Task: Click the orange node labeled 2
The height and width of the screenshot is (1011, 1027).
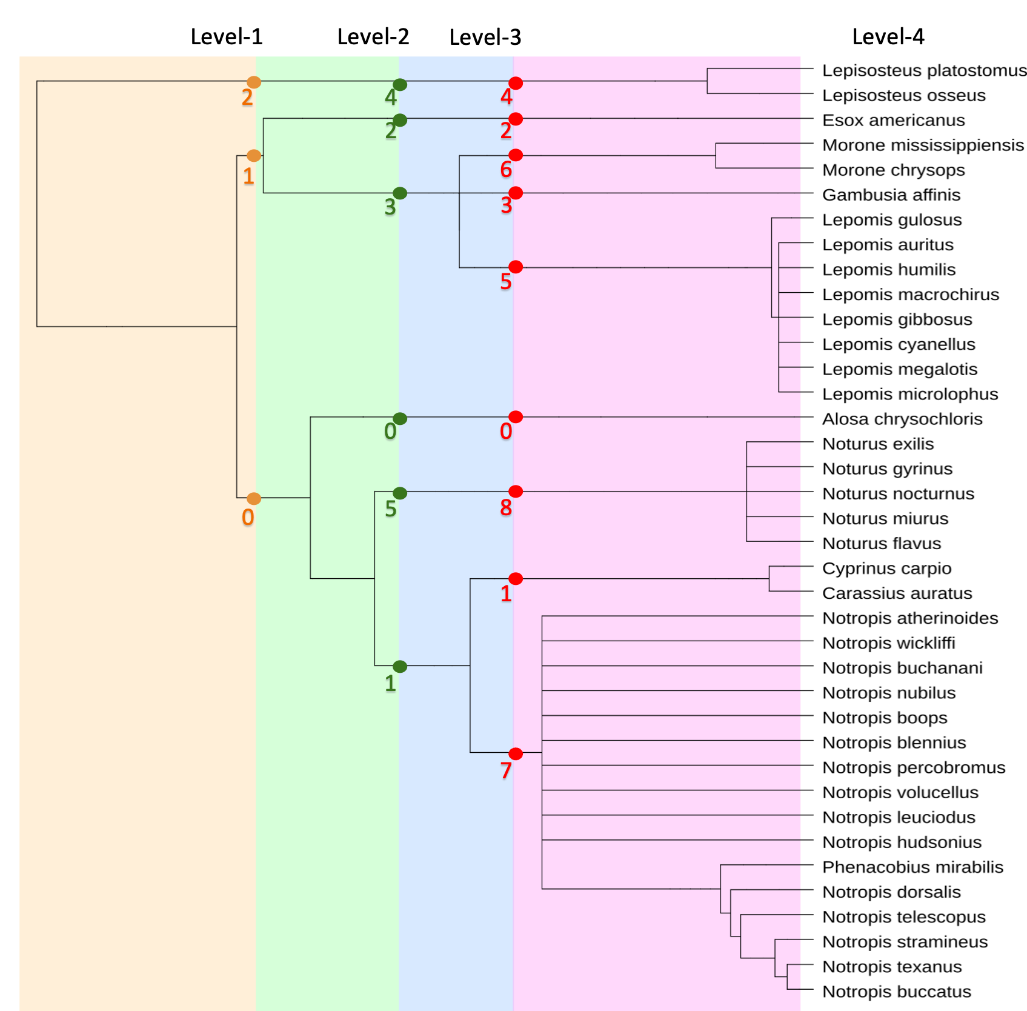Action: click(x=254, y=82)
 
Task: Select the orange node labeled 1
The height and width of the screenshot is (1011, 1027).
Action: click(x=254, y=156)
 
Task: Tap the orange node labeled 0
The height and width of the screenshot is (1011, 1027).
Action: click(x=254, y=498)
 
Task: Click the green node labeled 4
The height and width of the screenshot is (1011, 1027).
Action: click(x=400, y=85)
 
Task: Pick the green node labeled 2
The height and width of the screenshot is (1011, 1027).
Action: click(x=400, y=120)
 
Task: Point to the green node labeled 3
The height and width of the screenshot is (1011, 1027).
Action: click(x=400, y=193)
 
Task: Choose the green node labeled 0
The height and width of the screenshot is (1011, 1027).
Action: click(x=400, y=419)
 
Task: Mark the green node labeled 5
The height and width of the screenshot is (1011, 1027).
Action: click(x=400, y=493)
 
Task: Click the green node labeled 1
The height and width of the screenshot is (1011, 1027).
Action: click(x=400, y=667)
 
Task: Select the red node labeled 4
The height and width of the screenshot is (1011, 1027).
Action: click(x=516, y=83)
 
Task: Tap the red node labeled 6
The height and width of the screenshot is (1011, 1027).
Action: click(x=516, y=155)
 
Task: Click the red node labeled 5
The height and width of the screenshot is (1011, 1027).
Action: click(x=516, y=267)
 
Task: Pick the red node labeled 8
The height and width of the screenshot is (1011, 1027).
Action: click(x=516, y=491)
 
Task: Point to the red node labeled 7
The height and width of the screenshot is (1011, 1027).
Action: click(x=516, y=753)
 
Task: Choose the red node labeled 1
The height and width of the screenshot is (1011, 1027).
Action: click(x=516, y=579)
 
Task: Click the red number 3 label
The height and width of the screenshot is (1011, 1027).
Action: click(x=507, y=206)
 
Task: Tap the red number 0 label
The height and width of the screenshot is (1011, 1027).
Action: click(x=506, y=432)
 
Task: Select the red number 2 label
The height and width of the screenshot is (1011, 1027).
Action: click(x=506, y=131)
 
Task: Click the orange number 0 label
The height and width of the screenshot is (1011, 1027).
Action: click(x=248, y=518)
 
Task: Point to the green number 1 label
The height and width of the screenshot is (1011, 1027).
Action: click(x=390, y=684)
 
